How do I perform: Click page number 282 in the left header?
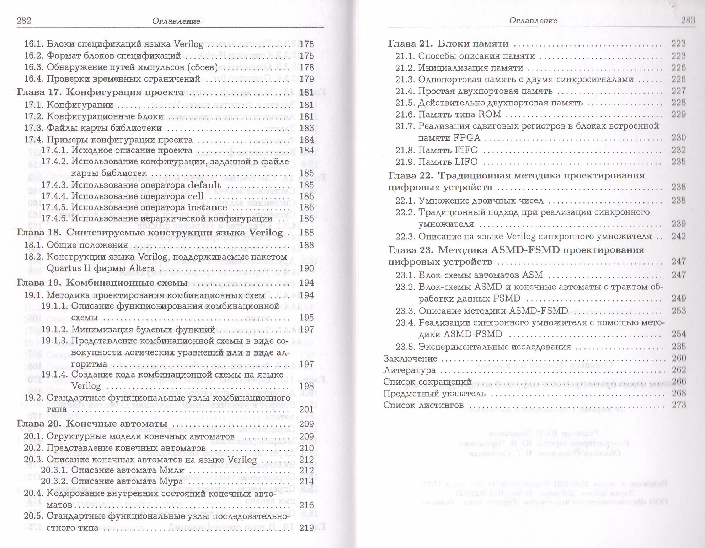[24, 21]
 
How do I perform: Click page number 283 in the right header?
[688, 20]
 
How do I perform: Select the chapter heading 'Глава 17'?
[38, 92]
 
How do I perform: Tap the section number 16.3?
[33, 67]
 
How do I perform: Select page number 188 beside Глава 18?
[306, 233]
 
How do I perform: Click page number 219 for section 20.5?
[306, 528]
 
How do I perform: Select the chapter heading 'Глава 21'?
[410, 44]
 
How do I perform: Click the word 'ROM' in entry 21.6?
[490, 114]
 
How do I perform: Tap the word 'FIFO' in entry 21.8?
[466, 150]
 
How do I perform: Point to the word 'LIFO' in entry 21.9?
[466, 162]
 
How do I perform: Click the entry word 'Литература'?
[409, 370]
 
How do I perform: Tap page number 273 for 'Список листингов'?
[678, 405]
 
